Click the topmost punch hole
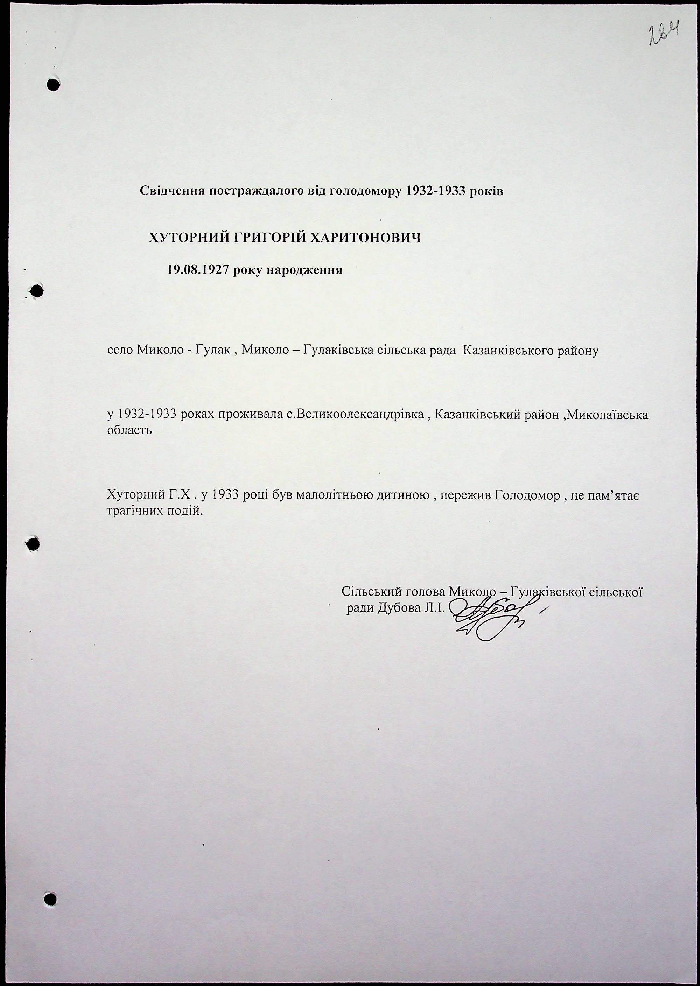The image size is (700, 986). click(x=52, y=85)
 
